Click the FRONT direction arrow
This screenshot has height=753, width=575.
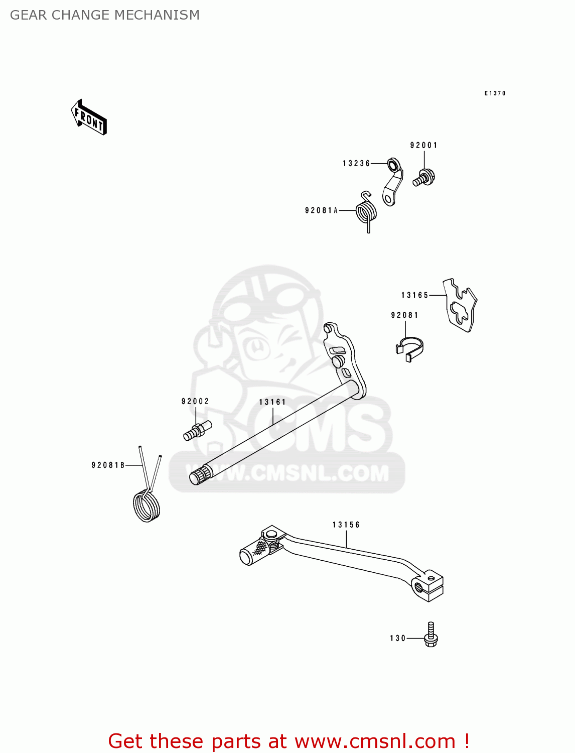pyautogui.click(x=89, y=117)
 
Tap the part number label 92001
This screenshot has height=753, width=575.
pyautogui.click(x=423, y=146)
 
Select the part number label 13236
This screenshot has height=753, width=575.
pyautogui.click(x=356, y=164)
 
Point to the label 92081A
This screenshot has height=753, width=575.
pyautogui.click(x=322, y=211)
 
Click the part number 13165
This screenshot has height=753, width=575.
pyautogui.click(x=414, y=296)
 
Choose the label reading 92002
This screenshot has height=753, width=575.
pyautogui.click(x=195, y=402)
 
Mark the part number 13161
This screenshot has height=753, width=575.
pyautogui.click(x=272, y=403)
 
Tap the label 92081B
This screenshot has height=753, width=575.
pyautogui.click(x=108, y=466)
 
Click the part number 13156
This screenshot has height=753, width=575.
pyautogui.click(x=346, y=525)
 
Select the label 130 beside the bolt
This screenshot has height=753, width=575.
pyautogui.click(x=398, y=639)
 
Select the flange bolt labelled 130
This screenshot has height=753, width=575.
pyautogui.click(x=430, y=636)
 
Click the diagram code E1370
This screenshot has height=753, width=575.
pyautogui.click(x=495, y=93)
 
